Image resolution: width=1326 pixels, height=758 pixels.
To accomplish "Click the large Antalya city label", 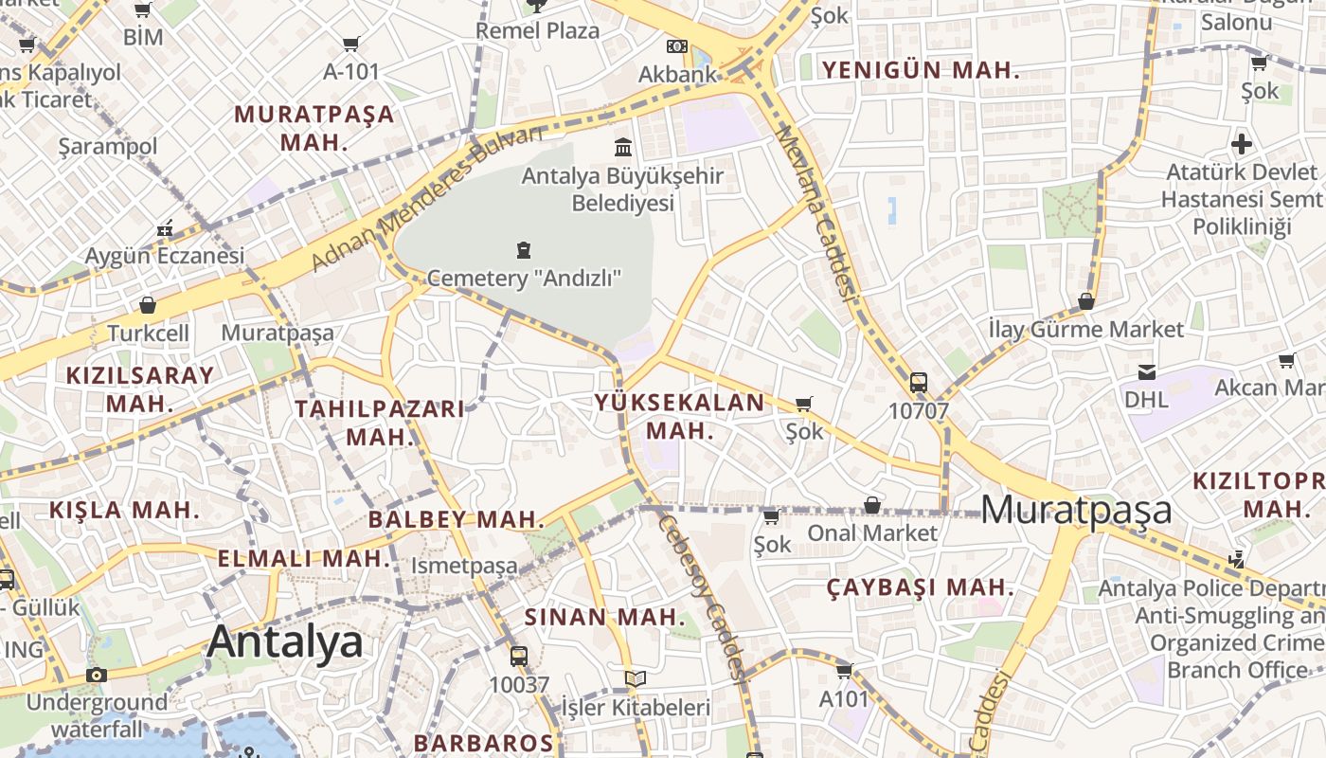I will click(x=284, y=641).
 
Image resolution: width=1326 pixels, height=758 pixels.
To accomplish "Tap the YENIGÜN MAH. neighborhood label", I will click(x=920, y=70).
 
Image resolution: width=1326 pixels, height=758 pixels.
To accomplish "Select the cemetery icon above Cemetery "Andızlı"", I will click(x=523, y=250).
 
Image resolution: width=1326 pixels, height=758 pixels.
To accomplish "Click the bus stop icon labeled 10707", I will click(x=918, y=383).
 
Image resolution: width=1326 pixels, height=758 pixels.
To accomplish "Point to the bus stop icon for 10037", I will click(x=518, y=656).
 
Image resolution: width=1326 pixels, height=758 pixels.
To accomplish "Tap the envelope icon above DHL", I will click(x=1147, y=371).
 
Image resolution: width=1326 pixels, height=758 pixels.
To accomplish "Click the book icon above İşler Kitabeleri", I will click(x=636, y=678).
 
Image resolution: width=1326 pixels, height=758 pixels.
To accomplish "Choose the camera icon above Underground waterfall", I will click(x=96, y=675).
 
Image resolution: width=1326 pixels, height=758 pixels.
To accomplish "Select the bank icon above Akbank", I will click(x=676, y=45).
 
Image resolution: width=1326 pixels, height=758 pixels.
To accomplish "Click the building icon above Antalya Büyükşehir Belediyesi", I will click(x=623, y=147).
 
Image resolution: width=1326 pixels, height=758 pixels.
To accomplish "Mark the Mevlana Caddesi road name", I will click(x=816, y=213).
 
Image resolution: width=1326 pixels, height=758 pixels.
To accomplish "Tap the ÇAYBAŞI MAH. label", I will click(x=920, y=587).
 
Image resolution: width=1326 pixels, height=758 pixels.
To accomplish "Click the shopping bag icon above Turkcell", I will click(x=148, y=305).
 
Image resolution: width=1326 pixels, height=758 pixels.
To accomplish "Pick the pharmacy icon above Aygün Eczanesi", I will click(x=165, y=228).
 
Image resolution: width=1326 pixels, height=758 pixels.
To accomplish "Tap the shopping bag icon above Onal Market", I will click(x=871, y=505).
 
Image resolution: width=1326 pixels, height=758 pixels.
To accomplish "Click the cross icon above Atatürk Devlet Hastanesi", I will click(x=1242, y=145).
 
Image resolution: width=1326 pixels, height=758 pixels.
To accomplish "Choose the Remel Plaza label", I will click(x=537, y=30).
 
